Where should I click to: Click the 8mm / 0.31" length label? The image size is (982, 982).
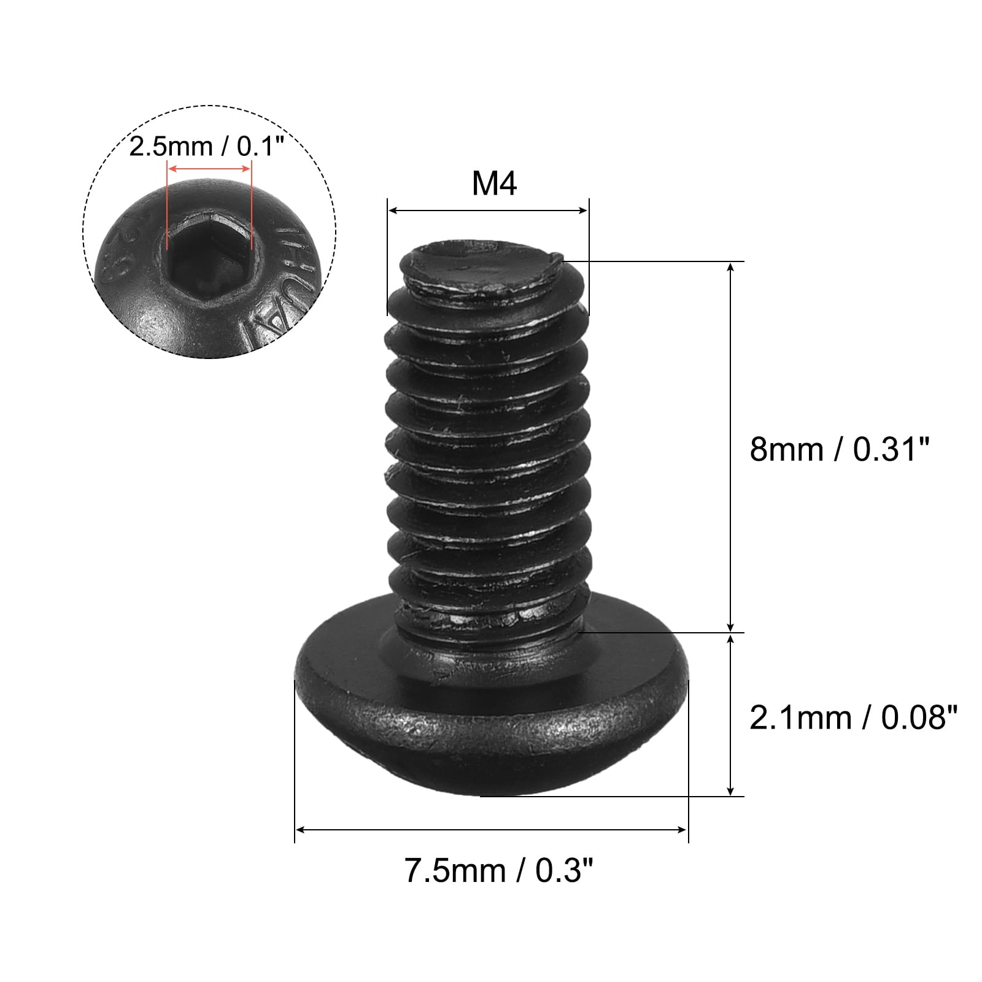(840, 449)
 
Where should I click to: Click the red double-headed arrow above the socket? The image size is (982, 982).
(209, 168)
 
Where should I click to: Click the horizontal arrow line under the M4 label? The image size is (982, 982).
(488, 211)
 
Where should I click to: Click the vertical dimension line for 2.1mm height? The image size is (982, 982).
(730, 715)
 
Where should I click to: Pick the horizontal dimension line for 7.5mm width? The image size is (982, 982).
(491, 830)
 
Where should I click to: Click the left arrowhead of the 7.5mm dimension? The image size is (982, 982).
(300, 830)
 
